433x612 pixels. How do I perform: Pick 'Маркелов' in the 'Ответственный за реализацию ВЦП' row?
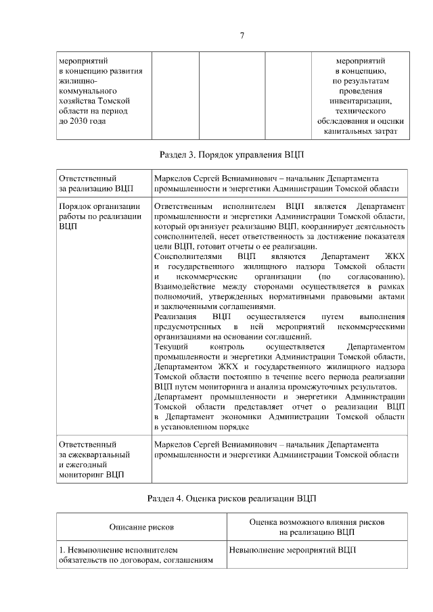pos(174,177)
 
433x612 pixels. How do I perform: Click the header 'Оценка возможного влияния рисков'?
pos(317,522)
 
